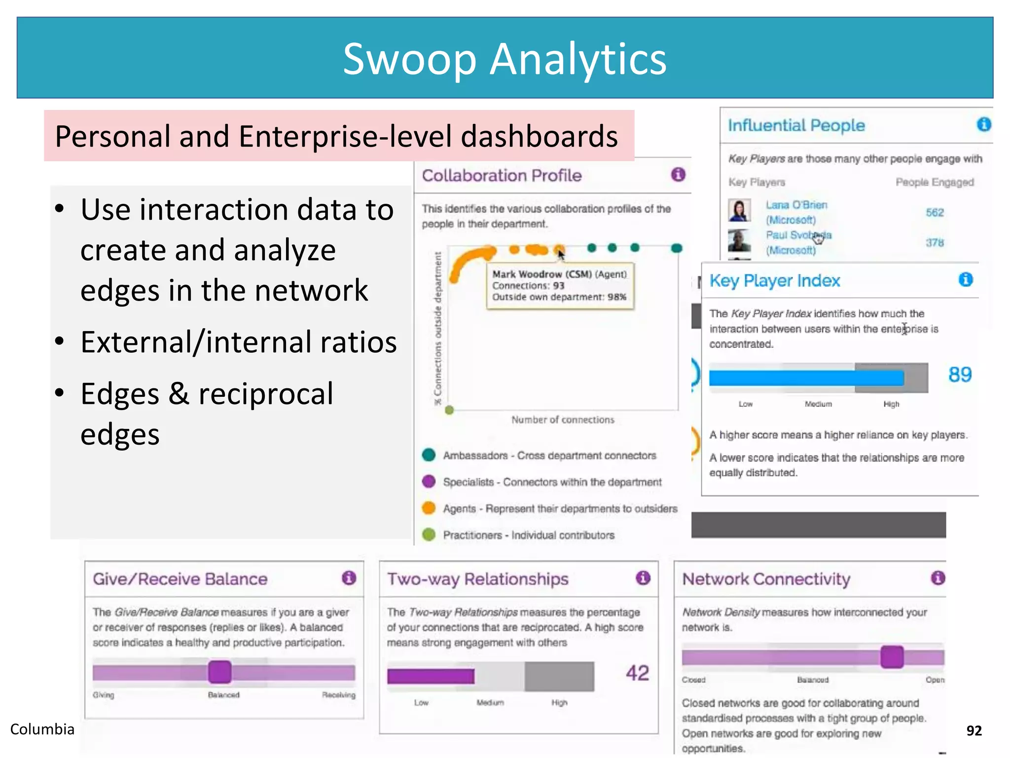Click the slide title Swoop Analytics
tap(505, 59)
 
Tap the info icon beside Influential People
tap(983, 124)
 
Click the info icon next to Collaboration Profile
tap(678, 174)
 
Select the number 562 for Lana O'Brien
tap(935, 213)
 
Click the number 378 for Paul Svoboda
tap(935, 243)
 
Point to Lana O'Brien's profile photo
tap(739, 210)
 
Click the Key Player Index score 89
tap(960, 375)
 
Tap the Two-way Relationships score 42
tap(637, 673)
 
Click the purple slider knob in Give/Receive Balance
tap(220, 672)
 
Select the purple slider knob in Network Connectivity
tap(892, 657)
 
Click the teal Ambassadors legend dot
tap(429, 455)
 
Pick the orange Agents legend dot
tap(429, 508)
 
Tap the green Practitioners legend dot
tap(429, 534)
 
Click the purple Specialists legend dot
tap(429, 481)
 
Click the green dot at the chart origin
tap(449, 410)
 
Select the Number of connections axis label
tap(563, 420)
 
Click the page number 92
tap(974, 731)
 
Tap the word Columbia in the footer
tap(42, 729)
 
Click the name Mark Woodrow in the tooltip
tap(527, 274)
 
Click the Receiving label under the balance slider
tap(338, 695)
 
